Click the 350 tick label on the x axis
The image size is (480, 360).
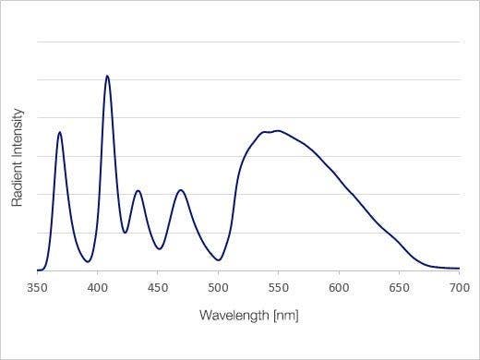click(x=37, y=287)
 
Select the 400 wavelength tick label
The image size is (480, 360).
click(x=98, y=287)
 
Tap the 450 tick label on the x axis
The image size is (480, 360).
click(x=158, y=287)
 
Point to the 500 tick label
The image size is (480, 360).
click(x=218, y=287)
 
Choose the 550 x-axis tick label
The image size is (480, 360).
click(x=279, y=287)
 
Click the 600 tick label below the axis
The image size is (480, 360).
click(x=339, y=287)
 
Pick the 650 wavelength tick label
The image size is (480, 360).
click(x=399, y=287)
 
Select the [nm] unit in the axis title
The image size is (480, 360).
click(x=284, y=316)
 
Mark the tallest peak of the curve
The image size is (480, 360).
click(x=107, y=76)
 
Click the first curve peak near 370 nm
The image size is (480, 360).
click(x=60, y=132)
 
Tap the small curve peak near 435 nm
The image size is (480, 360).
click(x=138, y=191)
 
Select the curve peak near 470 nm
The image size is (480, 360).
click(x=180, y=190)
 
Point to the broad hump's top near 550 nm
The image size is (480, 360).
click(x=276, y=131)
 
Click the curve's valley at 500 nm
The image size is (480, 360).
click(x=218, y=260)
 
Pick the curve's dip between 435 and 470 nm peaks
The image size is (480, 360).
click(x=159, y=248)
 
